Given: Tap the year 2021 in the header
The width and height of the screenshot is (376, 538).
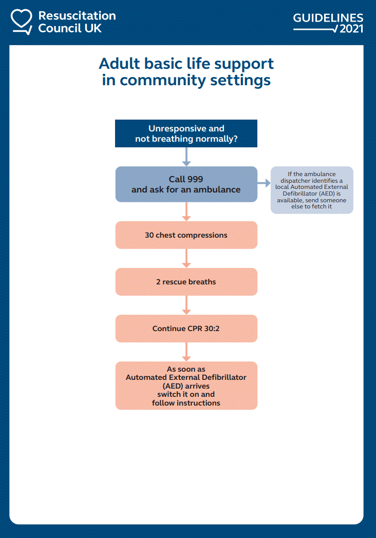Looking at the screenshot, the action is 351,29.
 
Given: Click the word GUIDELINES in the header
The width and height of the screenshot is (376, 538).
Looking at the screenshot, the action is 328,18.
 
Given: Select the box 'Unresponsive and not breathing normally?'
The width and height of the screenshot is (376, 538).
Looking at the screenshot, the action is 186,133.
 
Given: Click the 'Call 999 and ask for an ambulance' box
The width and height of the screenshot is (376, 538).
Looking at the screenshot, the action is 186,184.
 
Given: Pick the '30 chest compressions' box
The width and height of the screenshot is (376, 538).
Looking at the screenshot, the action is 186,235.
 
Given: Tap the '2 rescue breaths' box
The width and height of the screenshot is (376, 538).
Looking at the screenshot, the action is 186,282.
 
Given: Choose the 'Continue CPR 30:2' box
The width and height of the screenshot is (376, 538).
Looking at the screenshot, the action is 186,329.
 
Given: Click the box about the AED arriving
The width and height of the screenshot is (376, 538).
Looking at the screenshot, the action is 186,386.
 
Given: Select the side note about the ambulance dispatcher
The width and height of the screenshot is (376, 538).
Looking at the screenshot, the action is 312,190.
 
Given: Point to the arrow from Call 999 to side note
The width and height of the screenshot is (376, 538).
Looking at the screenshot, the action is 264,183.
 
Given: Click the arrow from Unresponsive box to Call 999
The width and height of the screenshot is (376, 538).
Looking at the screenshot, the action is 186,157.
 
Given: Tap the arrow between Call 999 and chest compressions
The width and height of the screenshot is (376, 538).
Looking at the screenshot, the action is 186,212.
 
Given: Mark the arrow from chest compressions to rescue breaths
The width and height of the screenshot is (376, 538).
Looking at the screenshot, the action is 186,258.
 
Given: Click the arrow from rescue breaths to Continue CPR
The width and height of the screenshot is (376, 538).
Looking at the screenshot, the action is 186,305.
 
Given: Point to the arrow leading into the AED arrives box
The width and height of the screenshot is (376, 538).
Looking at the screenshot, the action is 186,352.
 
